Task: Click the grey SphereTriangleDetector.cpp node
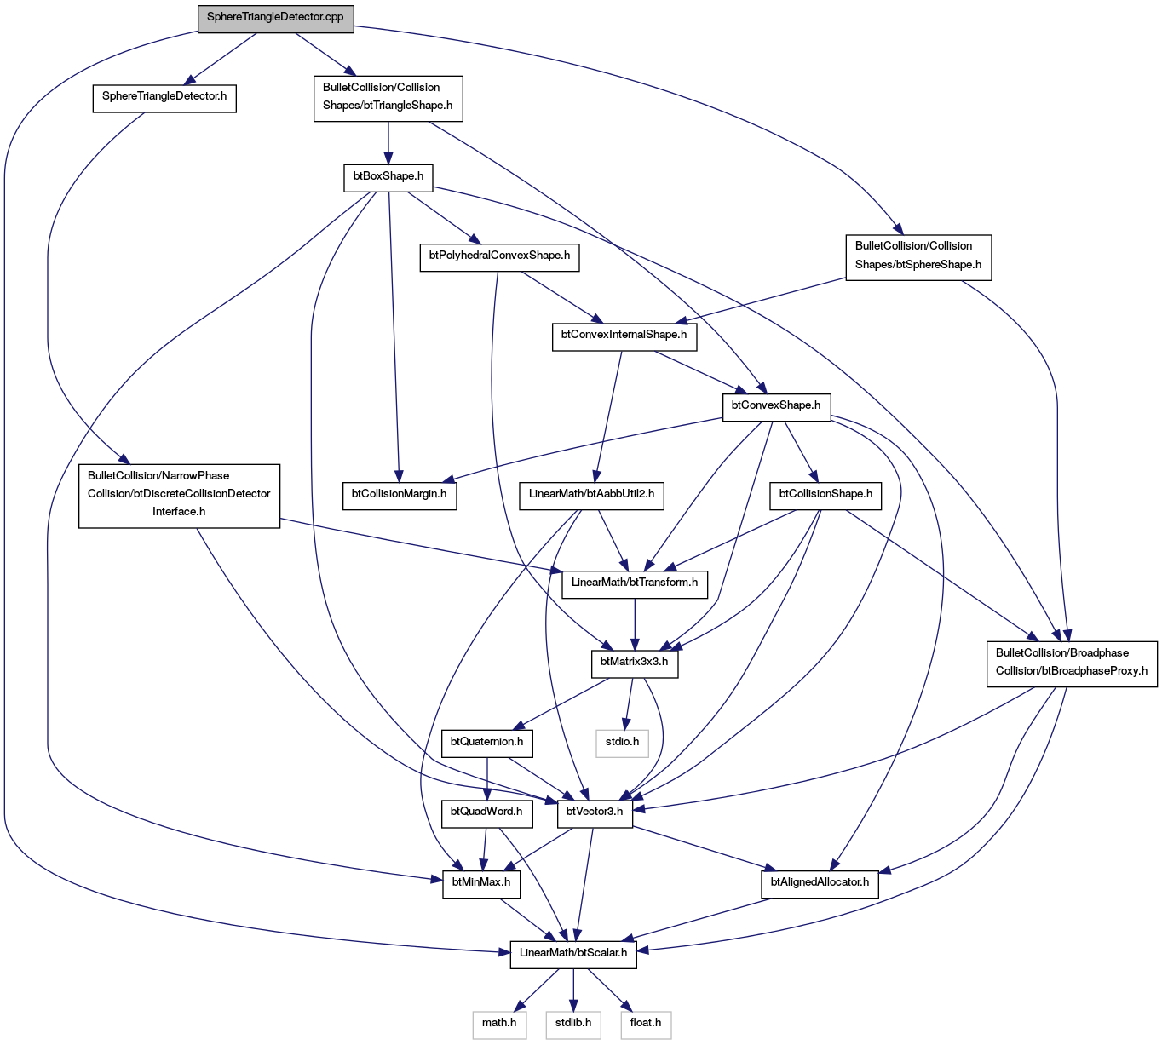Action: pos(275,19)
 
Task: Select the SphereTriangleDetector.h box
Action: pos(164,99)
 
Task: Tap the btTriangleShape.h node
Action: pos(388,99)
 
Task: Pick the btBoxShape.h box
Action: pos(388,178)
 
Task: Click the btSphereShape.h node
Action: pos(918,257)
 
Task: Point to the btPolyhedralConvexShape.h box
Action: pos(499,257)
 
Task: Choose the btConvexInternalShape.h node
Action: pos(624,336)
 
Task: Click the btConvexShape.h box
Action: pos(776,407)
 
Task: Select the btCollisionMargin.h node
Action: pos(399,496)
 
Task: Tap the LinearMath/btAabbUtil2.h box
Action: pos(591,496)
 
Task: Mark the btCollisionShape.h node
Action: pos(825,496)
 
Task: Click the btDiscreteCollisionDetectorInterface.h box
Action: pos(179,496)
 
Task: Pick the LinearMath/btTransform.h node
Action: pos(635,584)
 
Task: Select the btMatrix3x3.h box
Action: pos(635,663)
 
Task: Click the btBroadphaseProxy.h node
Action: pos(1072,663)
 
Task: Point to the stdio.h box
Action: pos(623,744)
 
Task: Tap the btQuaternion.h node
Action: pos(486,744)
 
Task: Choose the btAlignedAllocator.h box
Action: pos(820,885)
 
